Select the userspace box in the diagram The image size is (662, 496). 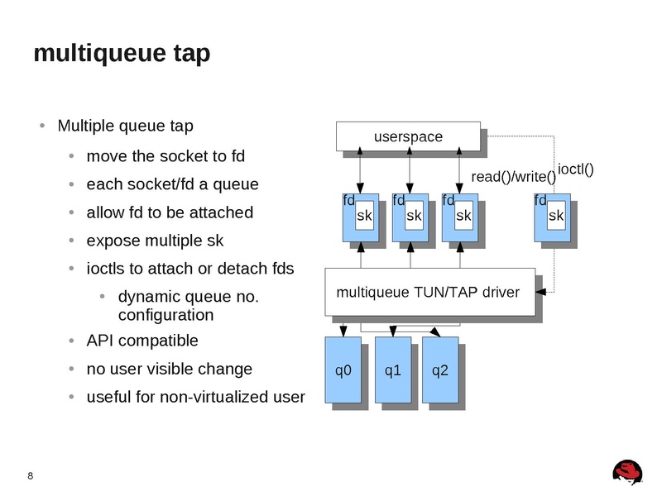[x=407, y=136]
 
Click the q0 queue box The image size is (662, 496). [x=343, y=370]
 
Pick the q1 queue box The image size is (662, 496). [x=393, y=370]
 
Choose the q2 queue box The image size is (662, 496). [x=439, y=370]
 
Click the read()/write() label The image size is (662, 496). [x=513, y=177]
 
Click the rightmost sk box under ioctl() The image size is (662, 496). [x=555, y=216]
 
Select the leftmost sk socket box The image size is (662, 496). [x=364, y=216]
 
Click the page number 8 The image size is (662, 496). [x=31, y=475]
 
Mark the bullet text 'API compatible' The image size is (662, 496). [x=142, y=341]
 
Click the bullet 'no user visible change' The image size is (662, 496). [x=169, y=369]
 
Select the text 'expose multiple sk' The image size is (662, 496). [x=155, y=241]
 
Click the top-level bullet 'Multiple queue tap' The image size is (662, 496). [x=126, y=126]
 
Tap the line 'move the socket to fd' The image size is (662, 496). [x=165, y=156]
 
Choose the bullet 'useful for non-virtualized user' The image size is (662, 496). [x=195, y=397]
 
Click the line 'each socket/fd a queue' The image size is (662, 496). [x=172, y=184]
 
